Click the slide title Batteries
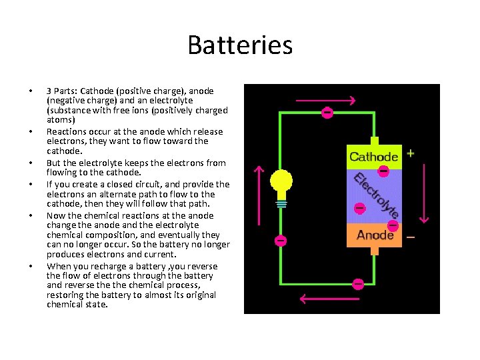(x=240, y=45)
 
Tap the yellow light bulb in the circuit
(x=281, y=181)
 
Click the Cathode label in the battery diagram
(x=373, y=157)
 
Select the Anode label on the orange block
(x=375, y=235)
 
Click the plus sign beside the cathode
(x=410, y=153)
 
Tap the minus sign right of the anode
(x=410, y=237)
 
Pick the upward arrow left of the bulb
(x=260, y=193)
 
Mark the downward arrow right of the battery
(x=425, y=193)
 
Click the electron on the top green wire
(x=327, y=113)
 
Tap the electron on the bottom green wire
(x=358, y=284)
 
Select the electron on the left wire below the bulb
(x=281, y=240)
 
